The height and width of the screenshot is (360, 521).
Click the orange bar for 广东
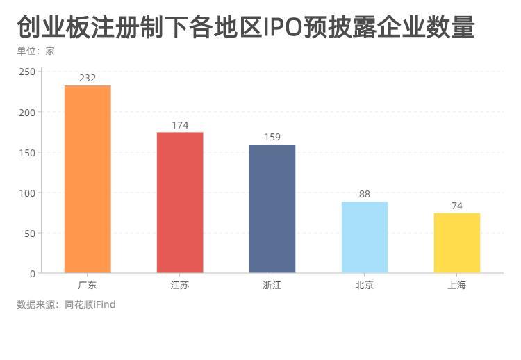(88, 179)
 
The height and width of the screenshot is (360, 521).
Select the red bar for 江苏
(180, 203)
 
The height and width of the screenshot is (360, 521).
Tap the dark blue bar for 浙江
(272, 208)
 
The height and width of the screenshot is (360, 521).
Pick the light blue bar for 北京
(365, 238)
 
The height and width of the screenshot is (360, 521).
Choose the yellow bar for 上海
(457, 243)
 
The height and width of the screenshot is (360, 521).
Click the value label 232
(88, 78)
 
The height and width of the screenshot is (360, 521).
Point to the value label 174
(180, 125)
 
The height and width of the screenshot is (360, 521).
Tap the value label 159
(272, 137)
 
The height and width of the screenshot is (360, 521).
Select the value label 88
(365, 194)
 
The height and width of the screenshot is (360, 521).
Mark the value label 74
(457, 206)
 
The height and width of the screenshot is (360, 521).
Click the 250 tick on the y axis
(27, 72)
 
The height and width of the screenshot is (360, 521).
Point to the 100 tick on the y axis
(27, 193)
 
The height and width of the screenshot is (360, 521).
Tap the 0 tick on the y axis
(33, 274)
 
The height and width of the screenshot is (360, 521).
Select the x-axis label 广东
(88, 285)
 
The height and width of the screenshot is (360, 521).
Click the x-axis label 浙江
(272, 285)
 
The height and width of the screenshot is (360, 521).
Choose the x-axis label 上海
(457, 285)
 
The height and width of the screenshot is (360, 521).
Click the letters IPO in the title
(283, 27)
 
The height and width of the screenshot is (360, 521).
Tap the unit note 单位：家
(35, 51)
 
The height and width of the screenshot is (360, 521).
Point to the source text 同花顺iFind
(90, 304)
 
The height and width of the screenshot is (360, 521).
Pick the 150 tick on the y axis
(27, 153)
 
